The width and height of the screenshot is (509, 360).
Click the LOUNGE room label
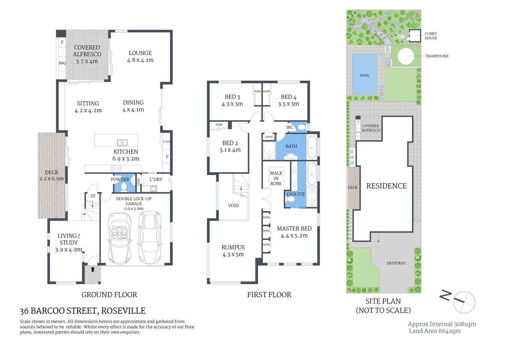point(140,53)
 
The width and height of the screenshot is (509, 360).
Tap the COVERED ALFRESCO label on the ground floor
point(87,51)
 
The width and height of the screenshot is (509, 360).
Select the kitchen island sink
point(122,142)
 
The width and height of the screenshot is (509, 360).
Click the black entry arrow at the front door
point(93,269)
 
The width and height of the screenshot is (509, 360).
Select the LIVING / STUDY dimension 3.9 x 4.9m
point(69,249)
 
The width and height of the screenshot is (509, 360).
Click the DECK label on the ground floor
point(51,172)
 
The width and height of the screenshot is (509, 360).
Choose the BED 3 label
point(232,97)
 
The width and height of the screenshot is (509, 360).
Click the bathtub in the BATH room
point(312,148)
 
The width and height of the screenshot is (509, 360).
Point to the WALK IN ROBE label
point(276,178)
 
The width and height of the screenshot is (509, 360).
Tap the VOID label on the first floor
point(233,205)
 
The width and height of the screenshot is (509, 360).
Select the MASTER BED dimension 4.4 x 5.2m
point(294,235)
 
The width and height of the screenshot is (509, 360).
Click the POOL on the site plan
point(365,75)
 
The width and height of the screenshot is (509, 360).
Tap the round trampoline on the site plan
point(407,57)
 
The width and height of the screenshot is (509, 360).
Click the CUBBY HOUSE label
point(431,36)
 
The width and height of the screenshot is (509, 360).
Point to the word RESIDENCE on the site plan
point(386,186)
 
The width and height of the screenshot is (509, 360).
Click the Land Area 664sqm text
point(435,331)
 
